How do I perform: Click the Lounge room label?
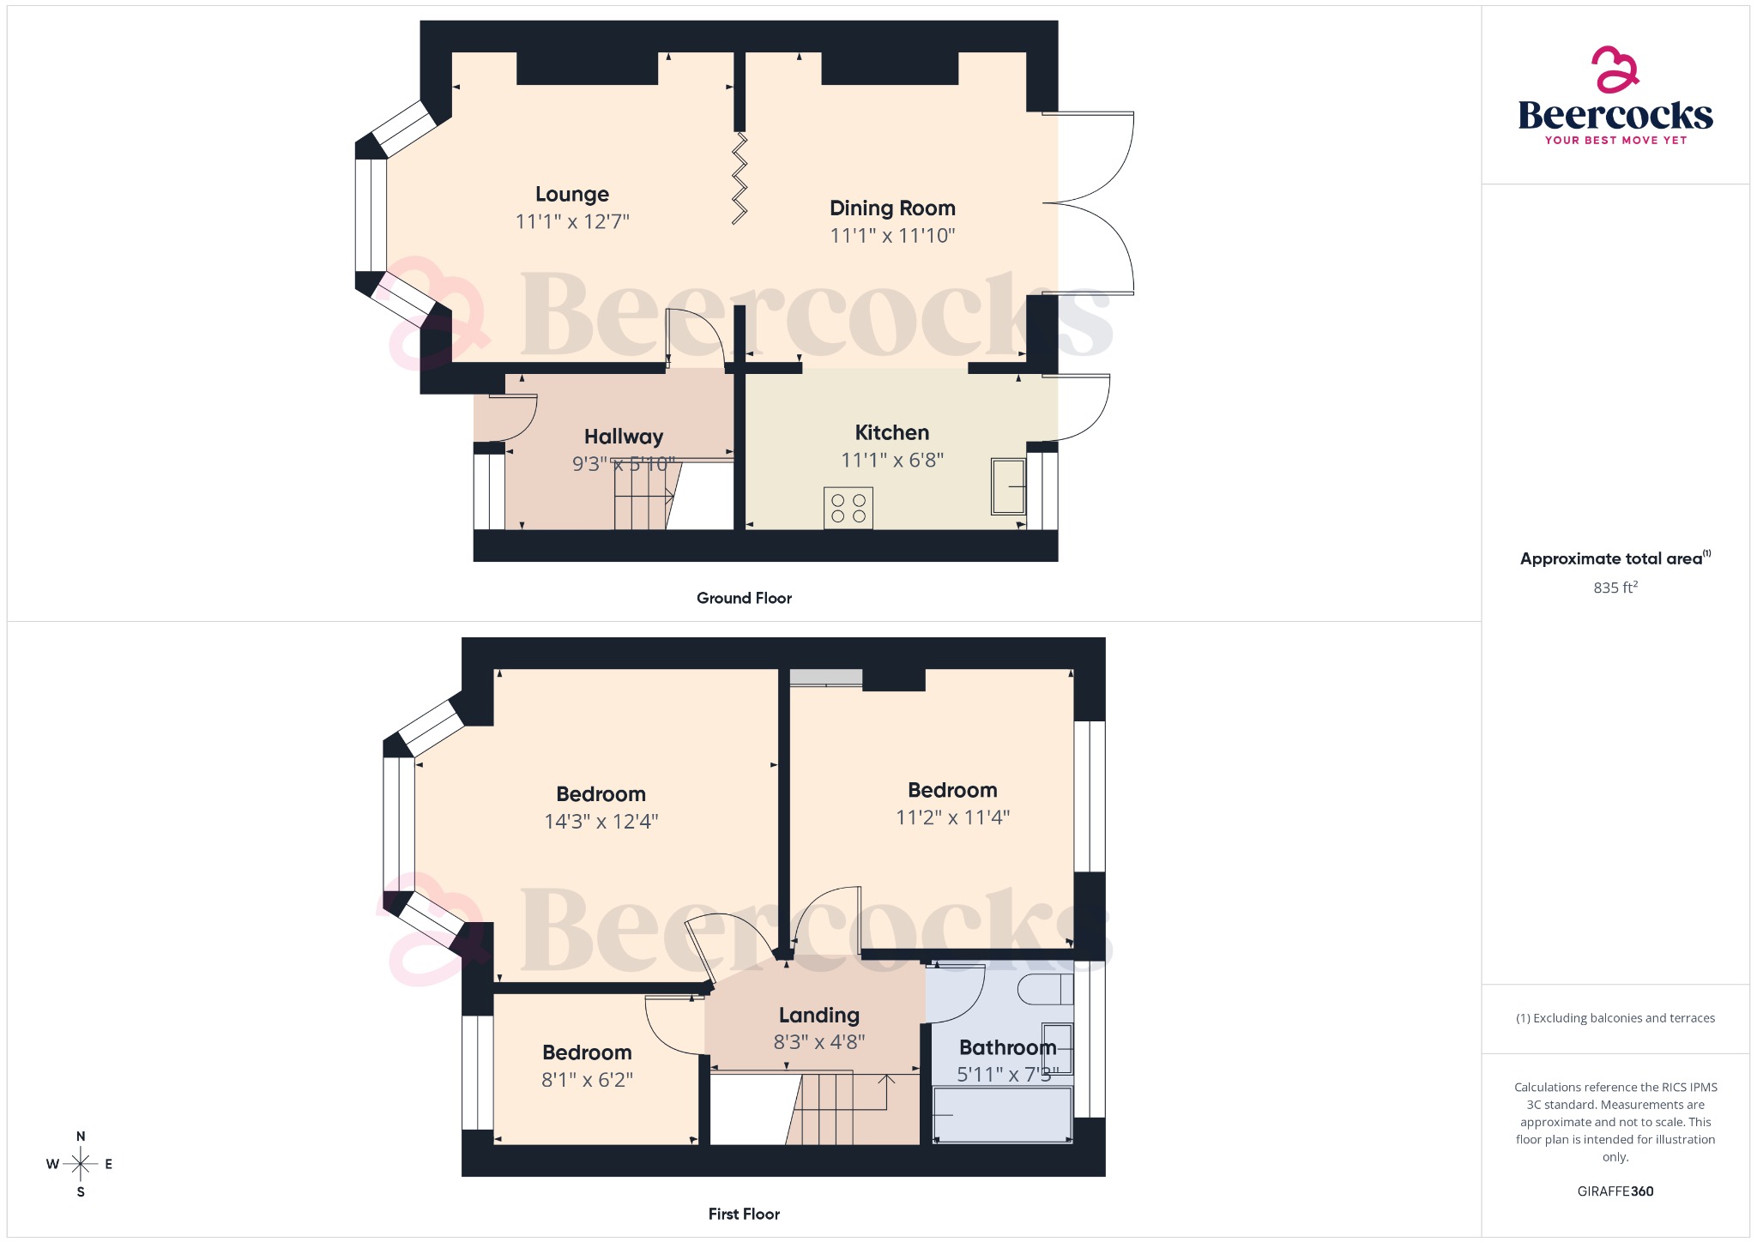tap(572, 195)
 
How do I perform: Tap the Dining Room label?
tap(892, 208)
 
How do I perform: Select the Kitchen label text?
tap(891, 433)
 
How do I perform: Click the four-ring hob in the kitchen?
tap(848, 508)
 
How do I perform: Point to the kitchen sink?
tap(1009, 486)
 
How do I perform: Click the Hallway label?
tap(624, 437)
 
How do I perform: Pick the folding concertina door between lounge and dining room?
tap(740, 178)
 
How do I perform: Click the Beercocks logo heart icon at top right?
tap(1615, 69)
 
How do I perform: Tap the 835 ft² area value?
tap(1615, 588)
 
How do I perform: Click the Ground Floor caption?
tap(744, 598)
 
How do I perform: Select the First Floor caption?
tap(744, 1214)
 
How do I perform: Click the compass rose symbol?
tap(81, 1164)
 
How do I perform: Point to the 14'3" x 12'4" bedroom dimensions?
tap(601, 822)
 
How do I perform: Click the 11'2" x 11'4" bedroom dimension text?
tap(952, 817)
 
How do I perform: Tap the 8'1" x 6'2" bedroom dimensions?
tap(587, 1080)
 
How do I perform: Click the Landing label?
tap(818, 1016)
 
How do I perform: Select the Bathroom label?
tap(1007, 1047)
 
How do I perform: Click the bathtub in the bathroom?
tap(1002, 1114)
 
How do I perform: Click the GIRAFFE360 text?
tap(1615, 1191)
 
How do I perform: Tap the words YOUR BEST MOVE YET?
tap(1615, 140)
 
